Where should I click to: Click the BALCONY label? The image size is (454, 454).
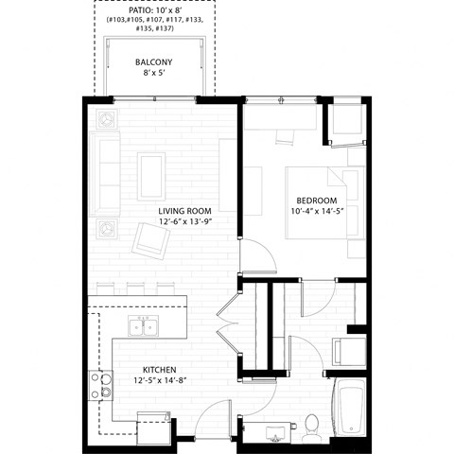154,64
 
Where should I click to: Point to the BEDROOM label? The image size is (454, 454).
316,201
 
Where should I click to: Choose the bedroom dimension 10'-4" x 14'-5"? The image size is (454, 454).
316,212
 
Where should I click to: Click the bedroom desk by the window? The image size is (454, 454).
283,116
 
